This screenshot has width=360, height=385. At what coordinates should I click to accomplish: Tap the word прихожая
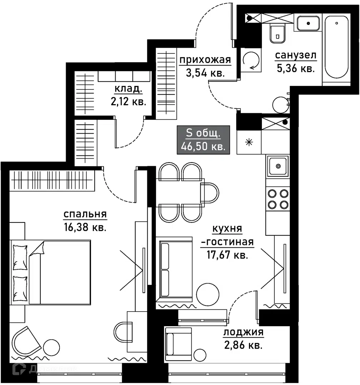click(x=205, y=60)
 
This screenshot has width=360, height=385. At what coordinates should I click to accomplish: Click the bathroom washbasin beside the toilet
click(x=308, y=24)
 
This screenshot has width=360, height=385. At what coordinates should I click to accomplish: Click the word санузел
click(x=295, y=55)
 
